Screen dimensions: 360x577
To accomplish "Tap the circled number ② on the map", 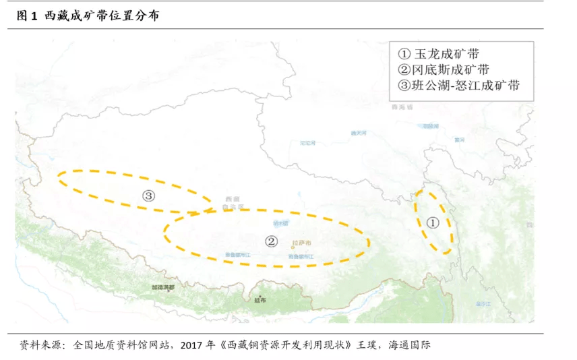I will [x=270, y=241].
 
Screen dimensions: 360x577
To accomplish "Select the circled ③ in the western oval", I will [x=149, y=196].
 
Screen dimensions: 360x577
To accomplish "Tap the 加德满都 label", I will [x=162, y=287].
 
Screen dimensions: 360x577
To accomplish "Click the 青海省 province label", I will [x=401, y=107].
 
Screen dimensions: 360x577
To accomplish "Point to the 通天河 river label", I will [x=359, y=133].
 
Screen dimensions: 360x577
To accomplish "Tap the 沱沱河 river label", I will [x=307, y=143].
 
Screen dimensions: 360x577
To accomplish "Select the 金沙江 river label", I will [x=484, y=304].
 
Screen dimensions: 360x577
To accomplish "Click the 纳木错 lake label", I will [x=280, y=222].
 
